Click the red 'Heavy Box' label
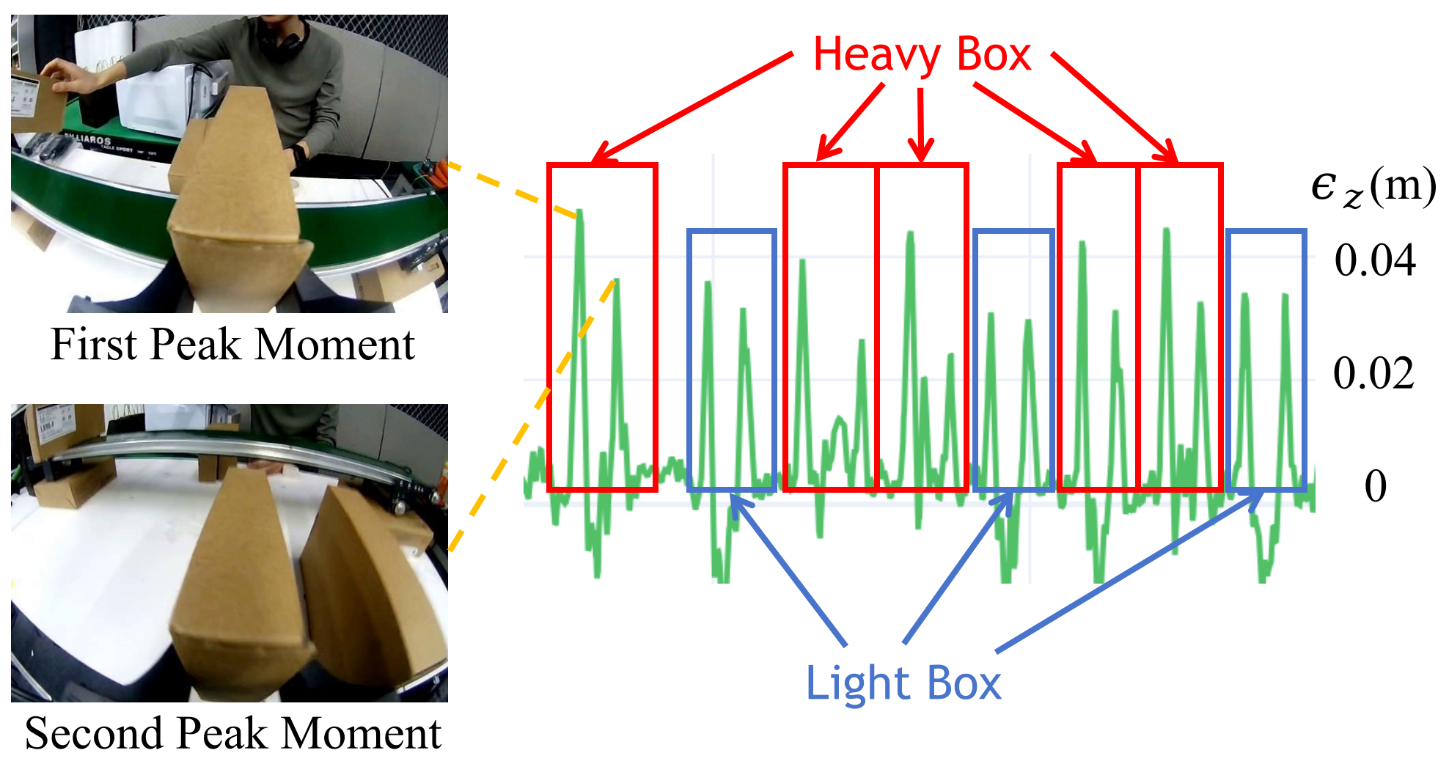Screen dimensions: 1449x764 (x=922, y=55)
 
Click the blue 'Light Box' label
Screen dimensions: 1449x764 (x=903, y=683)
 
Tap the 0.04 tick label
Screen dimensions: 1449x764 (x=1375, y=260)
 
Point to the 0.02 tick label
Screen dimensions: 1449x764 (x=1373, y=373)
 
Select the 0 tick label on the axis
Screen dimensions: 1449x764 (x=1376, y=485)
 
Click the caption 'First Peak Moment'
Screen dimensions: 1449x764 (x=232, y=344)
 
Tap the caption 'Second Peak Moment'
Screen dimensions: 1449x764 (x=233, y=732)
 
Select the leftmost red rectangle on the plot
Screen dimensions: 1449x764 (x=549, y=327)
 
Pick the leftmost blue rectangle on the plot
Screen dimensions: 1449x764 (x=689, y=359)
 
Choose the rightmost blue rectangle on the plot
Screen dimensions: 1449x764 (x=1228, y=359)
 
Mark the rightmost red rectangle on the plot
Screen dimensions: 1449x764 (x=1221, y=327)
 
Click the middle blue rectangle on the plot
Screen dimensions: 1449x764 (x=975, y=359)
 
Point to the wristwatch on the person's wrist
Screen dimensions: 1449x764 (x=298, y=155)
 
